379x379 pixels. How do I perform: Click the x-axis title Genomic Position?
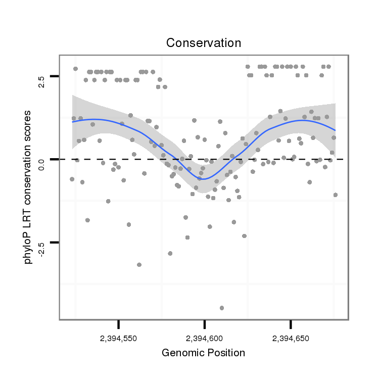(x=203, y=353)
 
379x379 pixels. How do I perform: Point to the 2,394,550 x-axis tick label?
(x=118, y=338)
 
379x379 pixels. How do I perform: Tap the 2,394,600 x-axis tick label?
(x=204, y=338)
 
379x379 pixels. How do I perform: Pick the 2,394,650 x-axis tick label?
(x=291, y=338)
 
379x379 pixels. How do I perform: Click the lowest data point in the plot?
(x=222, y=308)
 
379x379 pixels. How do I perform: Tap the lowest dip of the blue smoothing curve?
(x=203, y=179)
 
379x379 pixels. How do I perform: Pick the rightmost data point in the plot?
(x=336, y=195)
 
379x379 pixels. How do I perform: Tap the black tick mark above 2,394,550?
(x=118, y=323)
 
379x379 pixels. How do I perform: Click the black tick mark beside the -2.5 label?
(x=54, y=243)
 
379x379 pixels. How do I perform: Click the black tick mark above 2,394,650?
(x=291, y=323)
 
